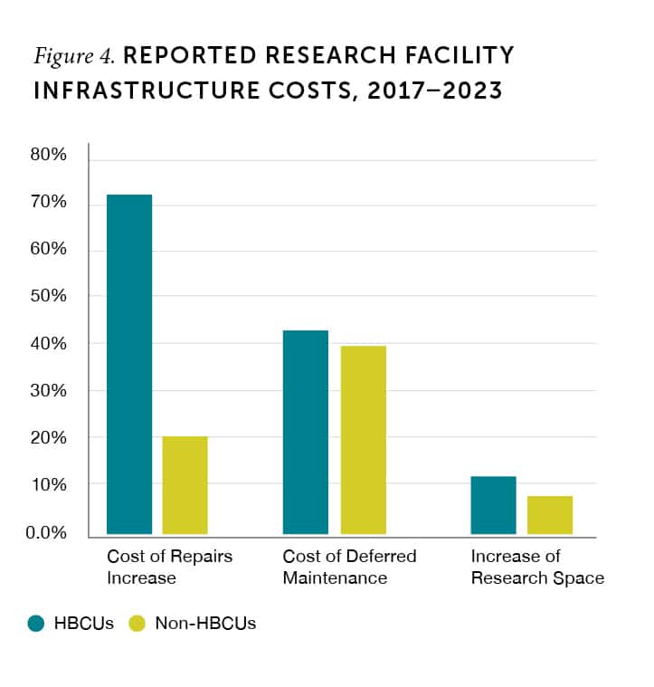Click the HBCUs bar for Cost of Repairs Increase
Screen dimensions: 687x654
click(x=129, y=364)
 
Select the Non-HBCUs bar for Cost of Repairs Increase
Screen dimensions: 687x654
click(x=185, y=485)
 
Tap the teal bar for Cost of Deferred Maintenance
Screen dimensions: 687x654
click(x=306, y=432)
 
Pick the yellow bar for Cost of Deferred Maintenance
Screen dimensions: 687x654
click(x=363, y=440)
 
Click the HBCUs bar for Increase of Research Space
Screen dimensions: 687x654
click(x=493, y=505)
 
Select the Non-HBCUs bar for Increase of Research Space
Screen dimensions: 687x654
click(x=550, y=515)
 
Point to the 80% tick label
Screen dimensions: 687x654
click(x=49, y=155)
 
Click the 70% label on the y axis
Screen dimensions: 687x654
click(x=49, y=202)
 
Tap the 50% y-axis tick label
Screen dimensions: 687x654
click(x=49, y=296)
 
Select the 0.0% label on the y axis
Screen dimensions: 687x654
click(x=45, y=532)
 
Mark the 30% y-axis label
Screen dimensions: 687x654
click(x=49, y=390)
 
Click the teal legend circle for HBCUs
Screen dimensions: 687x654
click(x=36, y=624)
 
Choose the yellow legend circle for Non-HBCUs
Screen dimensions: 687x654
click(x=137, y=624)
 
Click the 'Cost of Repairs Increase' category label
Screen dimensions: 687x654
click(x=169, y=567)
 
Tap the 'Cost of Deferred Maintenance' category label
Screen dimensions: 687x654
click(x=349, y=567)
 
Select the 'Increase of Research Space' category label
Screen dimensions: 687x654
click(x=537, y=567)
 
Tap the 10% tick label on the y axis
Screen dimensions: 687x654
click(x=49, y=484)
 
